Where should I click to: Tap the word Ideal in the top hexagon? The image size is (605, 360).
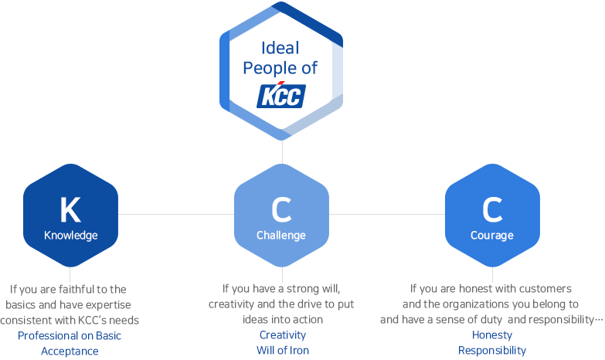[280, 48]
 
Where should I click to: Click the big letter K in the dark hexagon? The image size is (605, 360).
[70, 209]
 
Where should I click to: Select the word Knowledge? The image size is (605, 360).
[70, 236]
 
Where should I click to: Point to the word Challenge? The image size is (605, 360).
[281, 236]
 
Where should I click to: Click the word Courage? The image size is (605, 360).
[492, 236]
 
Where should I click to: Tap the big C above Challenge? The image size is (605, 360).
[281, 209]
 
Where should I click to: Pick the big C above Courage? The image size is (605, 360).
[492, 209]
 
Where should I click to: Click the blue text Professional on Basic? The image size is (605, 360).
[70, 336]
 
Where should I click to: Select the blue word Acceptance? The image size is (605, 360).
[70, 352]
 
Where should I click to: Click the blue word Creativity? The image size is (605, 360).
[283, 335]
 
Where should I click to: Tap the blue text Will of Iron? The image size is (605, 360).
[283, 351]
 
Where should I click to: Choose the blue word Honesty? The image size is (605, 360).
[492, 335]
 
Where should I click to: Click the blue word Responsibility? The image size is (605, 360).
[492, 351]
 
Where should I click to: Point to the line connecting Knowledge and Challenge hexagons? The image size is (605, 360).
[176, 215]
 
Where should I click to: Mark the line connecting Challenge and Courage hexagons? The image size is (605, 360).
[387, 215]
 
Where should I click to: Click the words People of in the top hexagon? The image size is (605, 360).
[280, 68]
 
